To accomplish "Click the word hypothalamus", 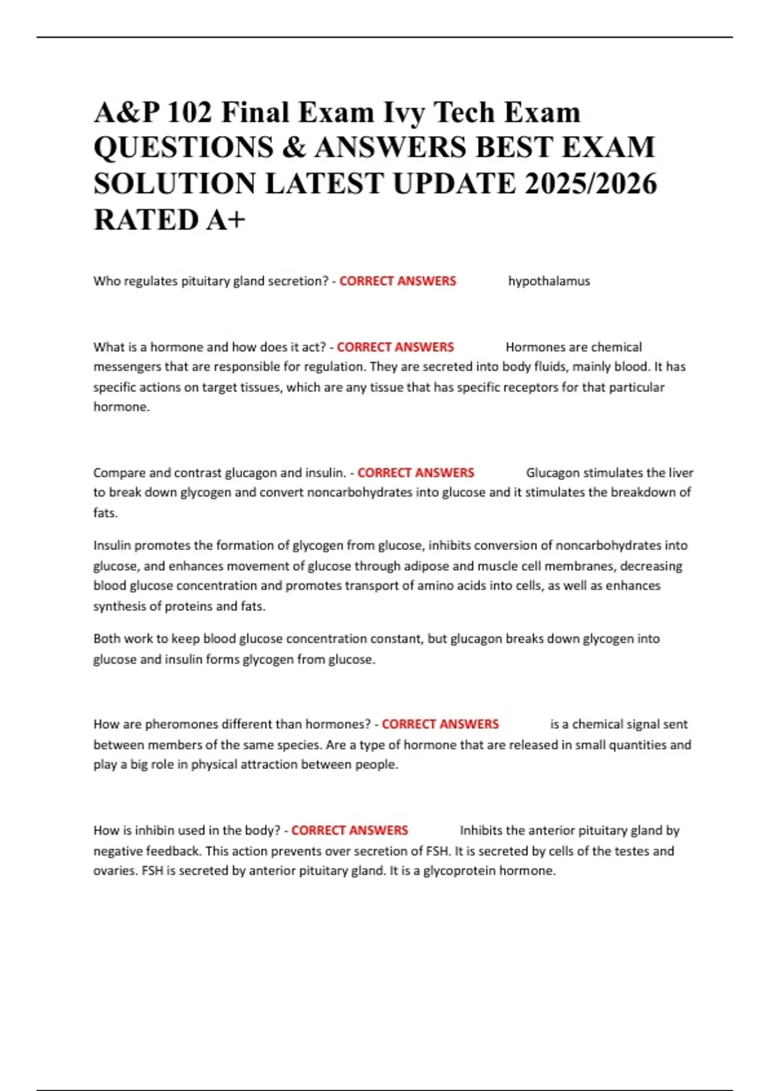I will click(x=549, y=281).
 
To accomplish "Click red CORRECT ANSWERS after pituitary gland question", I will click(x=397, y=281).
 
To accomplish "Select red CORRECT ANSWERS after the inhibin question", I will click(x=349, y=830).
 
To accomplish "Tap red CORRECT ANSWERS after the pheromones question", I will click(x=440, y=725).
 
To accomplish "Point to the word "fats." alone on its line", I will click(x=105, y=513).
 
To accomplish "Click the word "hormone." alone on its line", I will click(x=121, y=407).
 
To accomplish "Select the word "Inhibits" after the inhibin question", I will click(x=481, y=830).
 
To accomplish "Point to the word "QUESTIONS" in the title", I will click(x=184, y=148).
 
